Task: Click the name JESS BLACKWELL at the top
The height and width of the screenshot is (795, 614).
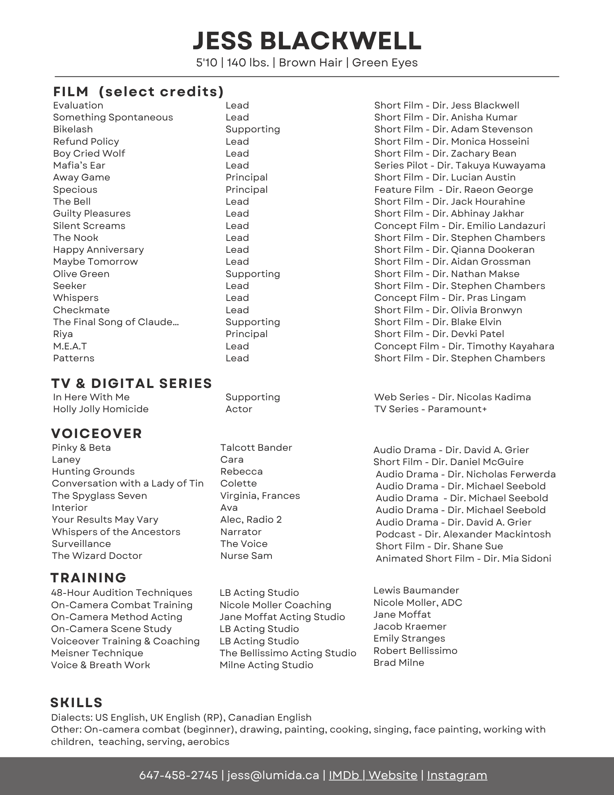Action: click(x=307, y=41)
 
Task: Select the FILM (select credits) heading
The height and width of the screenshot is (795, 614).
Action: click(x=138, y=92)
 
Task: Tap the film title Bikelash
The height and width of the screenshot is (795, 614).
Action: click(x=73, y=129)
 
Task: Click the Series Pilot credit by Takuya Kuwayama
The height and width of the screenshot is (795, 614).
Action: click(x=459, y=165)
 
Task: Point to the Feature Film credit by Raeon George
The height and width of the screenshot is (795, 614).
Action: click(x=453, y=190)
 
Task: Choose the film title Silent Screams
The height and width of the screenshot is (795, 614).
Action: click(x=89, y=226)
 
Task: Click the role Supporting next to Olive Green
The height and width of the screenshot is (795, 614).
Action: click(x=253, y=274)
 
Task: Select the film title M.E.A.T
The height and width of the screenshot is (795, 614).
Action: click(x=70, y=346)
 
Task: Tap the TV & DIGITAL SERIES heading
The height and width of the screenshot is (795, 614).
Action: click(x=132, y=384)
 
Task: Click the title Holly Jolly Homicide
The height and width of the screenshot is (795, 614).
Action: click(x=101, y=409)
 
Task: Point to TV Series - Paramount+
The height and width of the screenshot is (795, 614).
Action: click(x=430, y=409)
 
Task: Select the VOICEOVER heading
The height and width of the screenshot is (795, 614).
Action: click(x=97, y=433)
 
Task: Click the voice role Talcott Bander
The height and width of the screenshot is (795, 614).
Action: click(x=256, y=448)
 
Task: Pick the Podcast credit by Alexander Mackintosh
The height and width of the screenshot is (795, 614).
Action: click(x=463, y=534)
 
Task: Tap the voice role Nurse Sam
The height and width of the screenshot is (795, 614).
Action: click(x=246, y=556)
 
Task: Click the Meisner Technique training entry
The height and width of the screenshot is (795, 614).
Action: click(x=97, y=653)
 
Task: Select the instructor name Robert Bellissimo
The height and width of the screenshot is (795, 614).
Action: click(x=415, y=651)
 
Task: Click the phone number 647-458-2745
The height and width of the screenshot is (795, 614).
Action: click(x=178, y=776)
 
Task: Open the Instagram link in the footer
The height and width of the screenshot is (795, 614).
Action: click(x=457, y=776)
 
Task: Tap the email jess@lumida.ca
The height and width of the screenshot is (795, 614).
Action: click(x=273, y=776)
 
